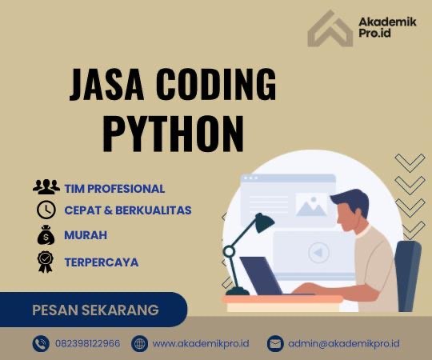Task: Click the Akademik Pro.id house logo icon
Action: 330,30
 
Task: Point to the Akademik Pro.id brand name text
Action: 386,30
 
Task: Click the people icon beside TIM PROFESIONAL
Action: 46,188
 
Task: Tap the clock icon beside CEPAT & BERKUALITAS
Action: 46,211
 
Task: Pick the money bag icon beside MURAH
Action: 46,236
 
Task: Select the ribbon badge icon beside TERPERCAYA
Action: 46,262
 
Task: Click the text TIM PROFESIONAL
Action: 114,189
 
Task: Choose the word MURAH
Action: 86,236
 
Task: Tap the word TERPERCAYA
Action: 101,262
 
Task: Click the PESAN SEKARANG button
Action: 95,310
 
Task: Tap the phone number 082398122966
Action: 88,343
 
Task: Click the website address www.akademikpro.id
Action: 201,343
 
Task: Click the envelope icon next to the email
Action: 275,343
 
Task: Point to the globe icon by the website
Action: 140,343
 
